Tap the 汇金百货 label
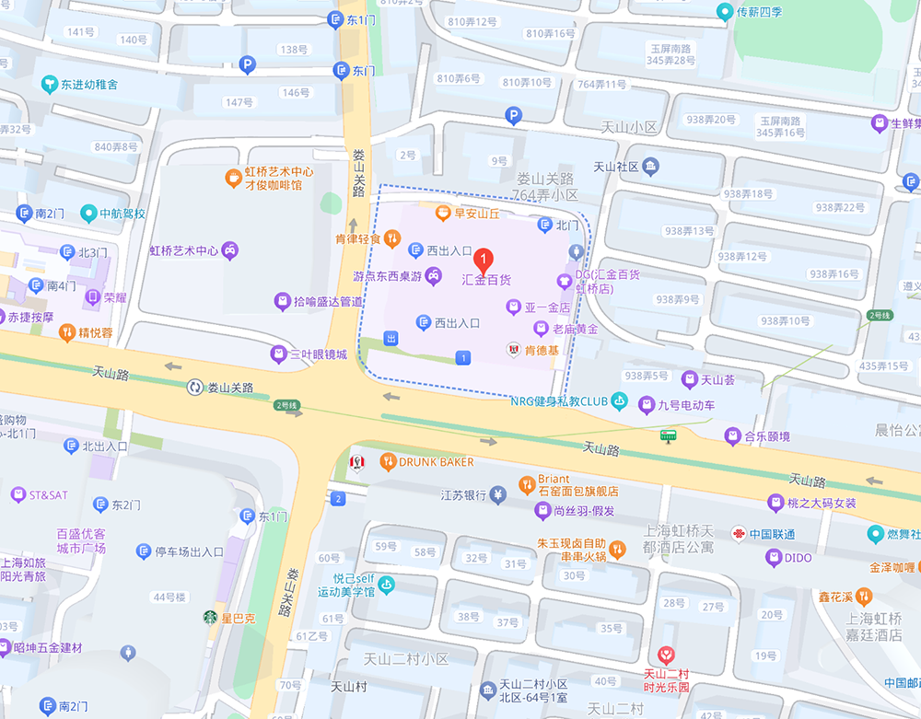pyautogui.click(x=485, y=280)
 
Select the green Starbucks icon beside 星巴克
pyautogui.click(x=210, y=618)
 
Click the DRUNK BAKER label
pyautogui.click(x=436, y=461)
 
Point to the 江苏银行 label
pyautogui.click(x=463, y=494)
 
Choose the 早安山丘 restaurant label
pyautogui.click(x=476, y=214)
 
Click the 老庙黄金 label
pyautogui.click(x=575, y=329)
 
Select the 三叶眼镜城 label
pyautogui.click(x=318, y=354)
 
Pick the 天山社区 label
pyautogui.click(x=615, y=167)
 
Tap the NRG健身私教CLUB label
pyautogui.click(x=560, y=400)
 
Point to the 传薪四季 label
pyautogui.click(x=759, y=12)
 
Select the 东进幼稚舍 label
pyautogui.click(x=89, y=85)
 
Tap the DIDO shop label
pyautogui.click(x=798, y=557)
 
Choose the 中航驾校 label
pyautogui.click(x=122, y=214)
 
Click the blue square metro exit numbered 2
pyautogui.click(x=338, y=499)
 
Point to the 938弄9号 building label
pyautogui.click(x=678, y=299)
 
